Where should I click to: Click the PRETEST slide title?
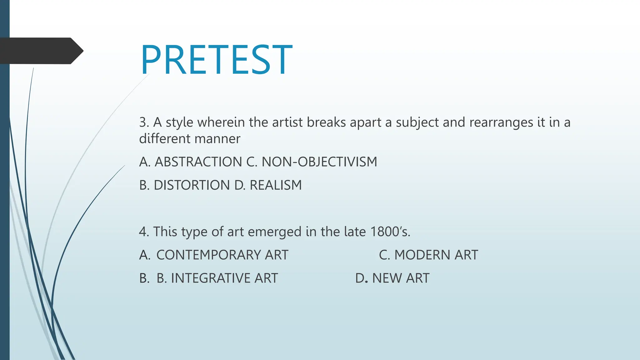click(x=216, y=60)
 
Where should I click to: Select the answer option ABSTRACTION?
click(x=198, y=162)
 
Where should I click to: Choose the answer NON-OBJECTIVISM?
click(x=319, y=162)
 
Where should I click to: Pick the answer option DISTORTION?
click(x=192, y=185)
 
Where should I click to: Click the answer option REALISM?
click(x=276, y=185)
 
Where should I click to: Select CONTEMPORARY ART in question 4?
click(x=222, y=255)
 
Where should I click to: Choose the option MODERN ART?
click(x=436, y=255)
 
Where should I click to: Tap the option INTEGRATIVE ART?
click(x=224, y=278)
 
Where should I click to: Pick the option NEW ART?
click(x=401, y=278)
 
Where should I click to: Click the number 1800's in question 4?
click(x=390, y=232)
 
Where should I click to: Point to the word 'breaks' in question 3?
click(x=326, y=122)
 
